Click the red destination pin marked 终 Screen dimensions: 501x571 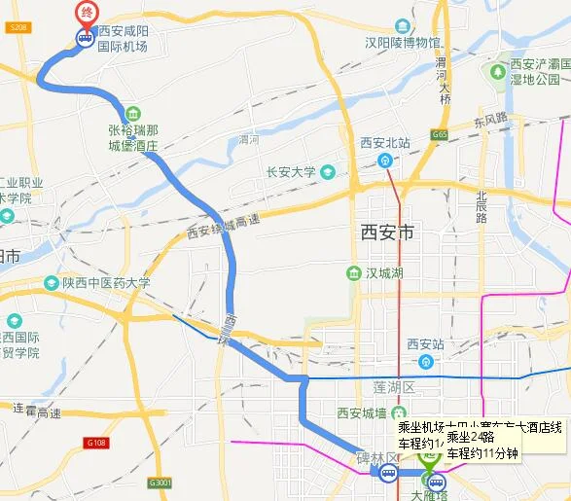[x=87, y=13]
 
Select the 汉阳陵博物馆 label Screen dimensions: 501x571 [x=403, y=43]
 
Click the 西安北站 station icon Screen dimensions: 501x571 [x=386, y=161]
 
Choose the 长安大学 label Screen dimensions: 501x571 [x=292, y=172]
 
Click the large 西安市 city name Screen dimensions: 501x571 [x=387, y=233]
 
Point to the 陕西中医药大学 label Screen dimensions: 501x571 [x=106, y=283]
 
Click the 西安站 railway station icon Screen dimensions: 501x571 [x=424, y=361]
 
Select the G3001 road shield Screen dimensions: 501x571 [x=161, y=483]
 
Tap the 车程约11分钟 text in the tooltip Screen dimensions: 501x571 [x=483, y=453]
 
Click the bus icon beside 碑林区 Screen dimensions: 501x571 [x=388, y=475]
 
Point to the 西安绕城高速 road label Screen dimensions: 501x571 [x=223, y=227]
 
